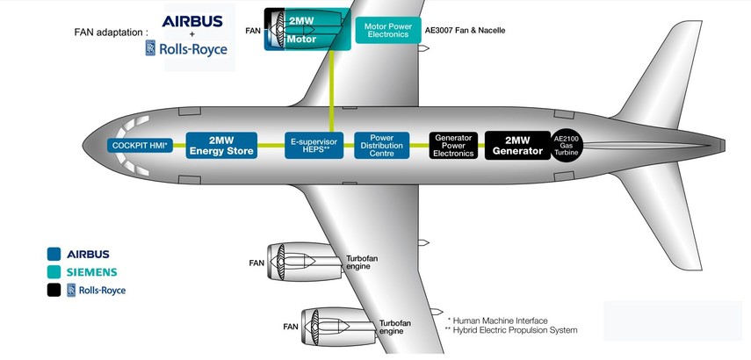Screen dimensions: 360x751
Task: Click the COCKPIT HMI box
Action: pyautogui.click(x=140, y=146)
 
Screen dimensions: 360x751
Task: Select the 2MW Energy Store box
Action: pyautogui.click(x=221, y=146)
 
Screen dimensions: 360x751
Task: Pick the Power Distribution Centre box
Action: pyautogui.click(x=382, y=146)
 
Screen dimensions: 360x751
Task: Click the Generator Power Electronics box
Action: pyautogui.click(x=454, y=146)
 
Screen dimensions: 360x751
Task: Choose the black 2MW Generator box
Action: pyautogui.click(x=517, y=146)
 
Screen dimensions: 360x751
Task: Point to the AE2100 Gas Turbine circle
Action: pyautogui.click(x=567, y=146)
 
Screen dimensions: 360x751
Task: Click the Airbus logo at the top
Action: pyautogui.click(x=191, y=20)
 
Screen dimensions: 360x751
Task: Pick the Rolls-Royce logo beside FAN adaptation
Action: pyautogui.click(x=186, y=47)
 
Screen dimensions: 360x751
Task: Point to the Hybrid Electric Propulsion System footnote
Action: pyautogui.click(x=512, y=331)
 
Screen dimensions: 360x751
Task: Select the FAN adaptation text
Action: pyautogui.click(x=112, y=32)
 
